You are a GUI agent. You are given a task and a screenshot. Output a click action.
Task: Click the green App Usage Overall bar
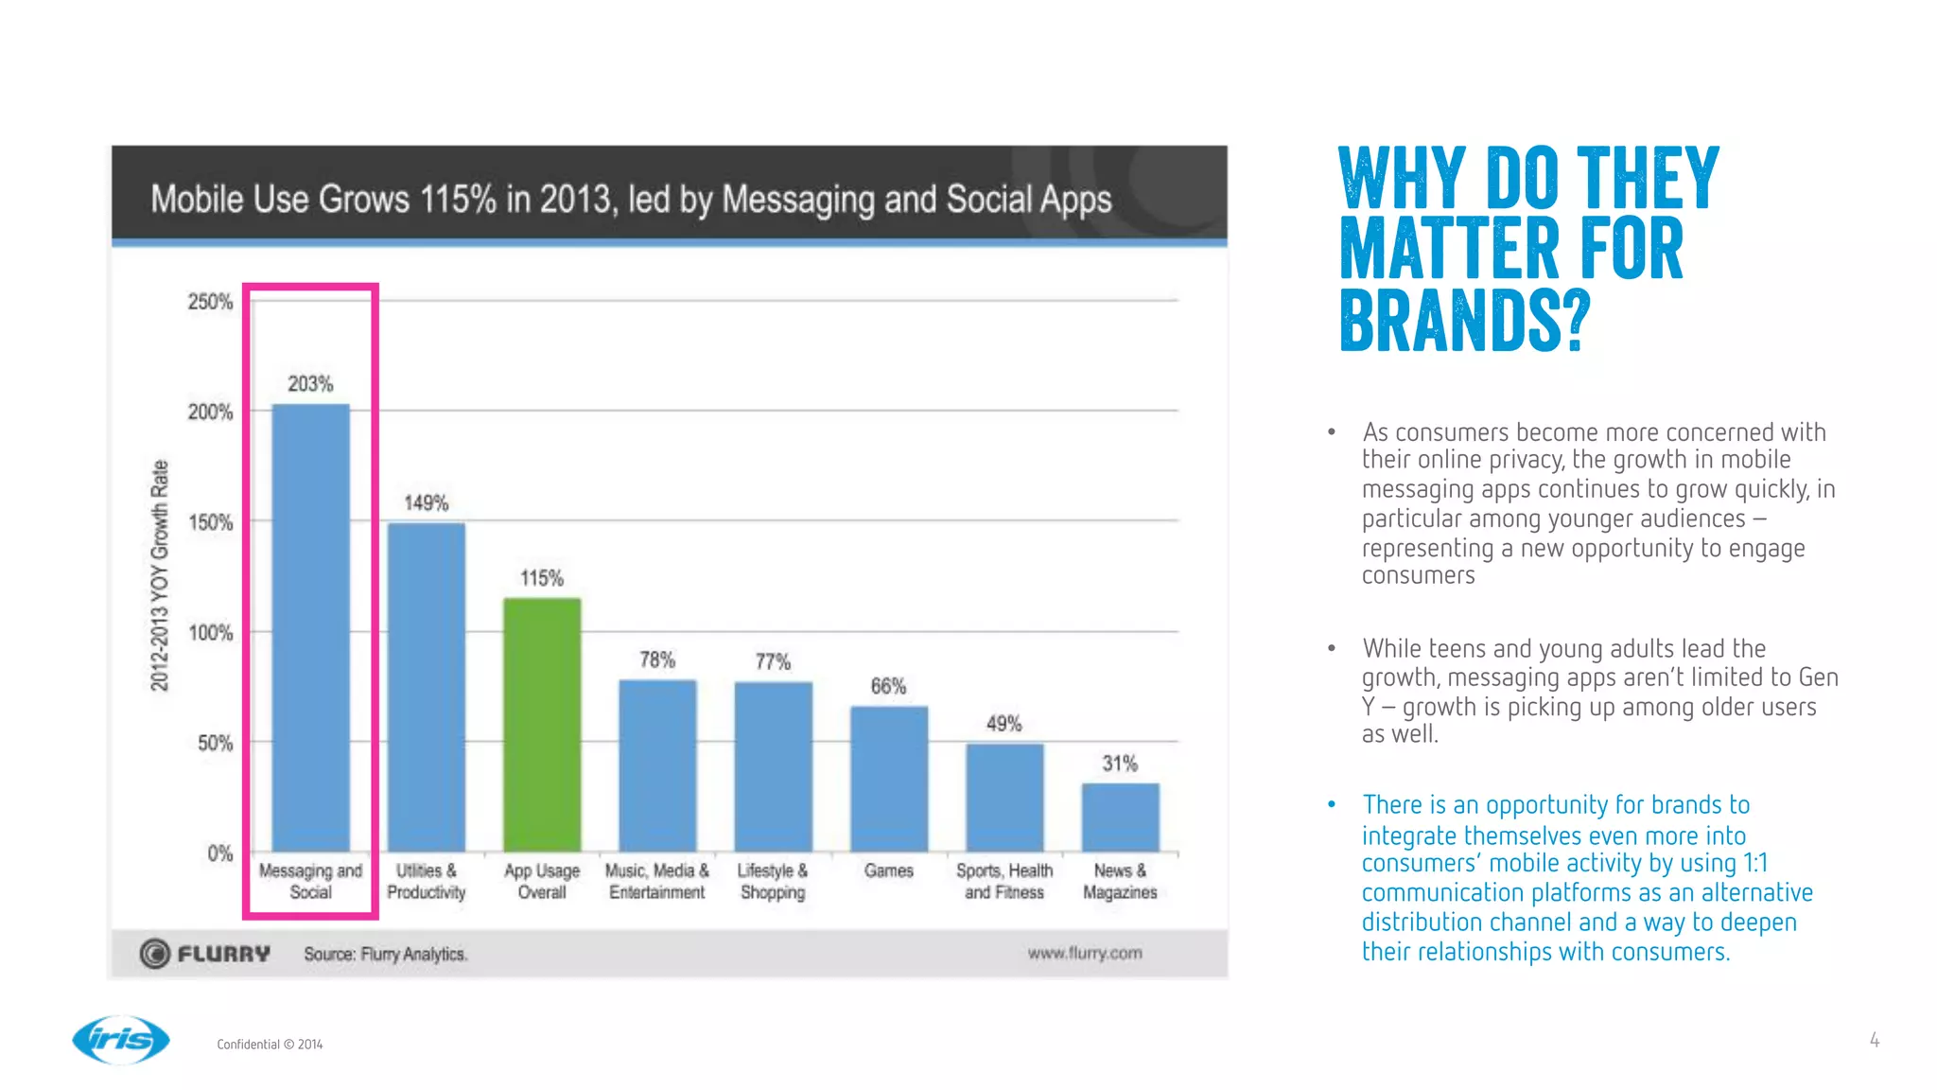[x=542, y=725]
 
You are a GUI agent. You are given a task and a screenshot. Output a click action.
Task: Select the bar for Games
[x=888, y=779]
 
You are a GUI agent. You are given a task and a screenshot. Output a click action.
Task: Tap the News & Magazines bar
[x=1120, y=817]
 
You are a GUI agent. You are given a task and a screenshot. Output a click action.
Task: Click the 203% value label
[x=310, y=384]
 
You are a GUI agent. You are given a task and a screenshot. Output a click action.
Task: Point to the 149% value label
[x=426, y=503]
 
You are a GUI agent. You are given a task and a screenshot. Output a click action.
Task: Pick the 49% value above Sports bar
[x=1003, y=724]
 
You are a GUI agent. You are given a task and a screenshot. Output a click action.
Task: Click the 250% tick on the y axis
[x=210, y=302]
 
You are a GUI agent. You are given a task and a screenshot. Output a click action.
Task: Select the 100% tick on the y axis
[x=210, y=633]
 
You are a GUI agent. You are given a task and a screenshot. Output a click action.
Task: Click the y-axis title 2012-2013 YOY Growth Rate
[x=160, y=575]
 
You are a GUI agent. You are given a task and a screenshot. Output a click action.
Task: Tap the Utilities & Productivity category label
[x=426, y=881]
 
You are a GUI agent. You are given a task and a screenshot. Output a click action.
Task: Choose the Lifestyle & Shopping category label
[x=773, y=881]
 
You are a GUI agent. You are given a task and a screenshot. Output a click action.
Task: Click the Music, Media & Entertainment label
[x=656, y=881]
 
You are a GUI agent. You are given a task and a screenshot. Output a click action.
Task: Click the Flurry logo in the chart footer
[x=205, y=954]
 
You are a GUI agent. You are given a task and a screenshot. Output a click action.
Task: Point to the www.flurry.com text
[x=1085, y=953]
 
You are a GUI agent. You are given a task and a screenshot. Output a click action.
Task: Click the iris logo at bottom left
[x=121, y=1040]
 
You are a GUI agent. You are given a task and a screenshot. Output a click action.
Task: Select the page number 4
[x=1874, y=1040]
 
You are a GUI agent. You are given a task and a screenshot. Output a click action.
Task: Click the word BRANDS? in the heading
[x=1465, y=321]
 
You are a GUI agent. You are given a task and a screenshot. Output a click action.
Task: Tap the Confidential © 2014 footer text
[x=270, y=1045]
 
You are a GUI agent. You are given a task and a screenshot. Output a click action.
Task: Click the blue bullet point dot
[x=1331, y=804]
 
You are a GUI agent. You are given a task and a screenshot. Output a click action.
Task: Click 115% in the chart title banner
[x=458, y=200]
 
